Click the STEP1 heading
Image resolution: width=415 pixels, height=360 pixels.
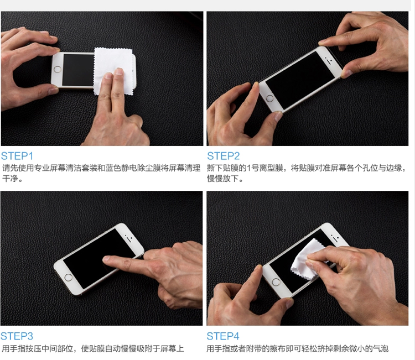17,156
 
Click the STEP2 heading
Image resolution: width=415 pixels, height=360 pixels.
224,156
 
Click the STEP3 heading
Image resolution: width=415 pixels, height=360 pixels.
17,336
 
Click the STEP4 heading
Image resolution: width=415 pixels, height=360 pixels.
224,336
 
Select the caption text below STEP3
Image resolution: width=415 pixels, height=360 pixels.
92,348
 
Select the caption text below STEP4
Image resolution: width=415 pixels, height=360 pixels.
298,348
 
